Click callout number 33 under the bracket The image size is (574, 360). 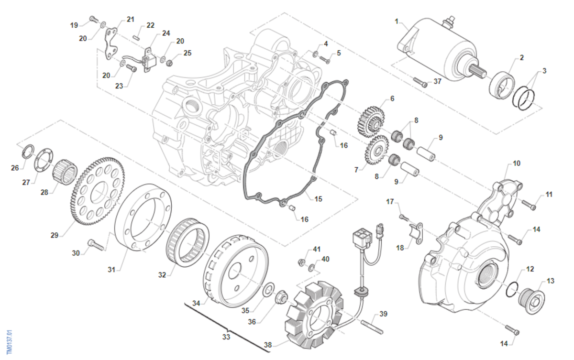[x=226, y=337]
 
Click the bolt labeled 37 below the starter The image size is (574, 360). [x=419, y=83]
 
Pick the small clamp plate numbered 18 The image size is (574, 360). [x=413, y=233]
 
